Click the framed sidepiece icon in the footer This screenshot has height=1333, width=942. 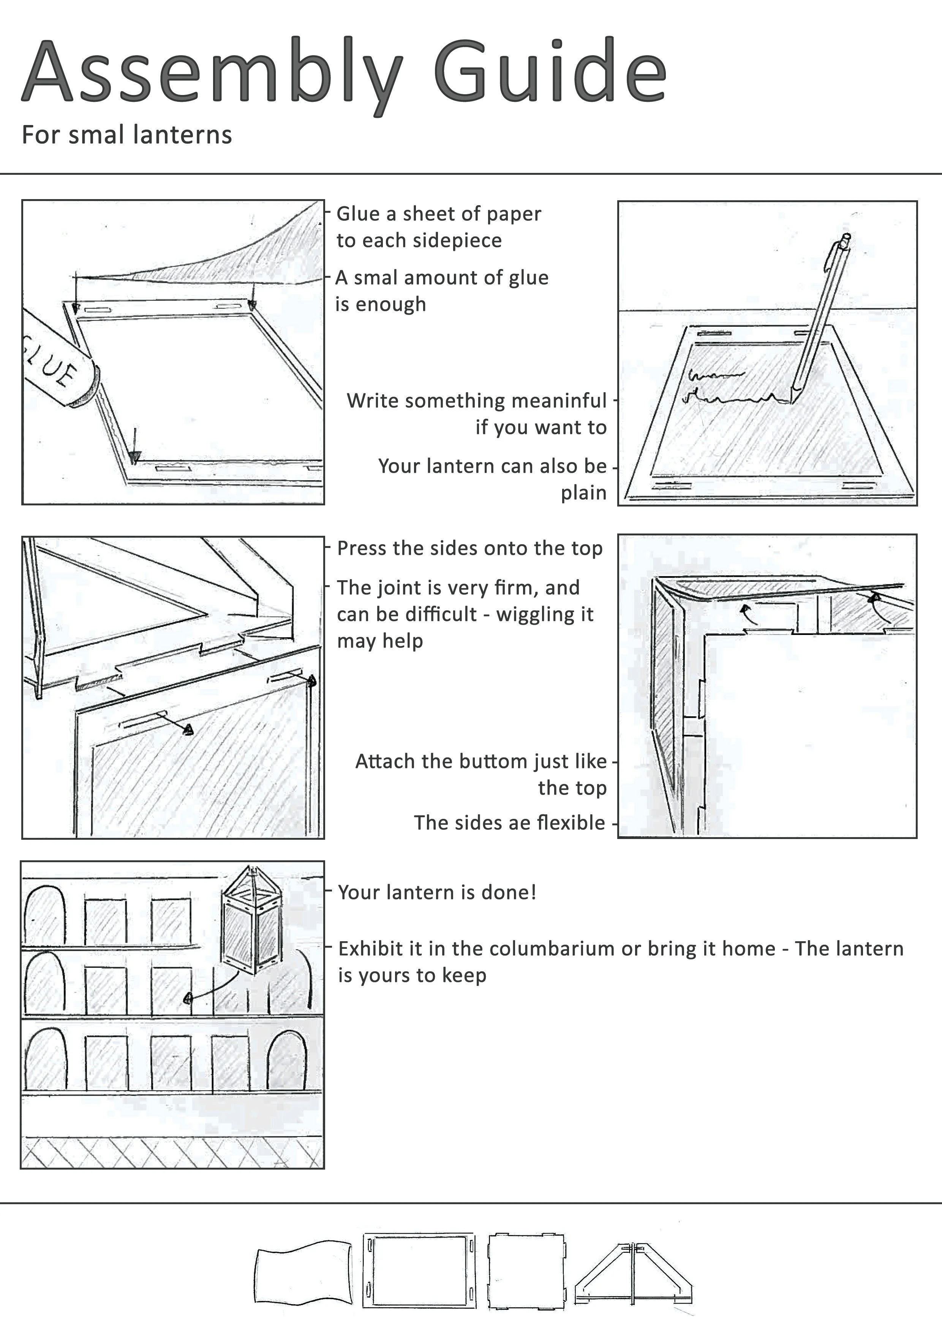[419, 1270]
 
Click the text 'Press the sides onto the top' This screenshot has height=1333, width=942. [469, 548]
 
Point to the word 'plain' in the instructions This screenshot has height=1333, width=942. [583, 493]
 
